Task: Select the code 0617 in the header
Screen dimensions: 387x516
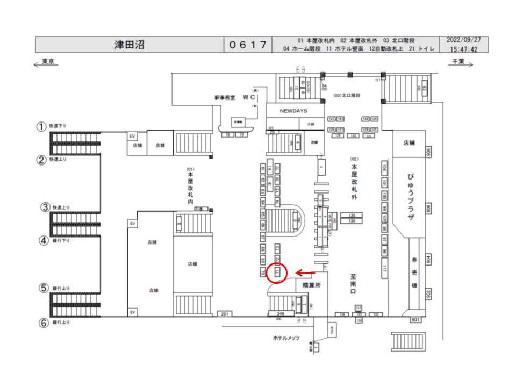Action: (x=248, y=44)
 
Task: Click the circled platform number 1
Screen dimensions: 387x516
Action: (x=41, y=127)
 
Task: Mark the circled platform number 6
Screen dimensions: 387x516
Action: (x=42, y=323)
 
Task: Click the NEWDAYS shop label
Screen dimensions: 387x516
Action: (x=293, y=111)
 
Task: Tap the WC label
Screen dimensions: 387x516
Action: (x=248, y=97)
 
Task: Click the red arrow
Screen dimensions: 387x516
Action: (x=306, y=273)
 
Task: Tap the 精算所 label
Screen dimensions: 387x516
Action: (x=311, y=286)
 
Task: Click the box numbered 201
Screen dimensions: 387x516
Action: (x=225, y=313)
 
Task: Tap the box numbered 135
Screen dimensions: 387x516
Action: (x=352, y=215)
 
